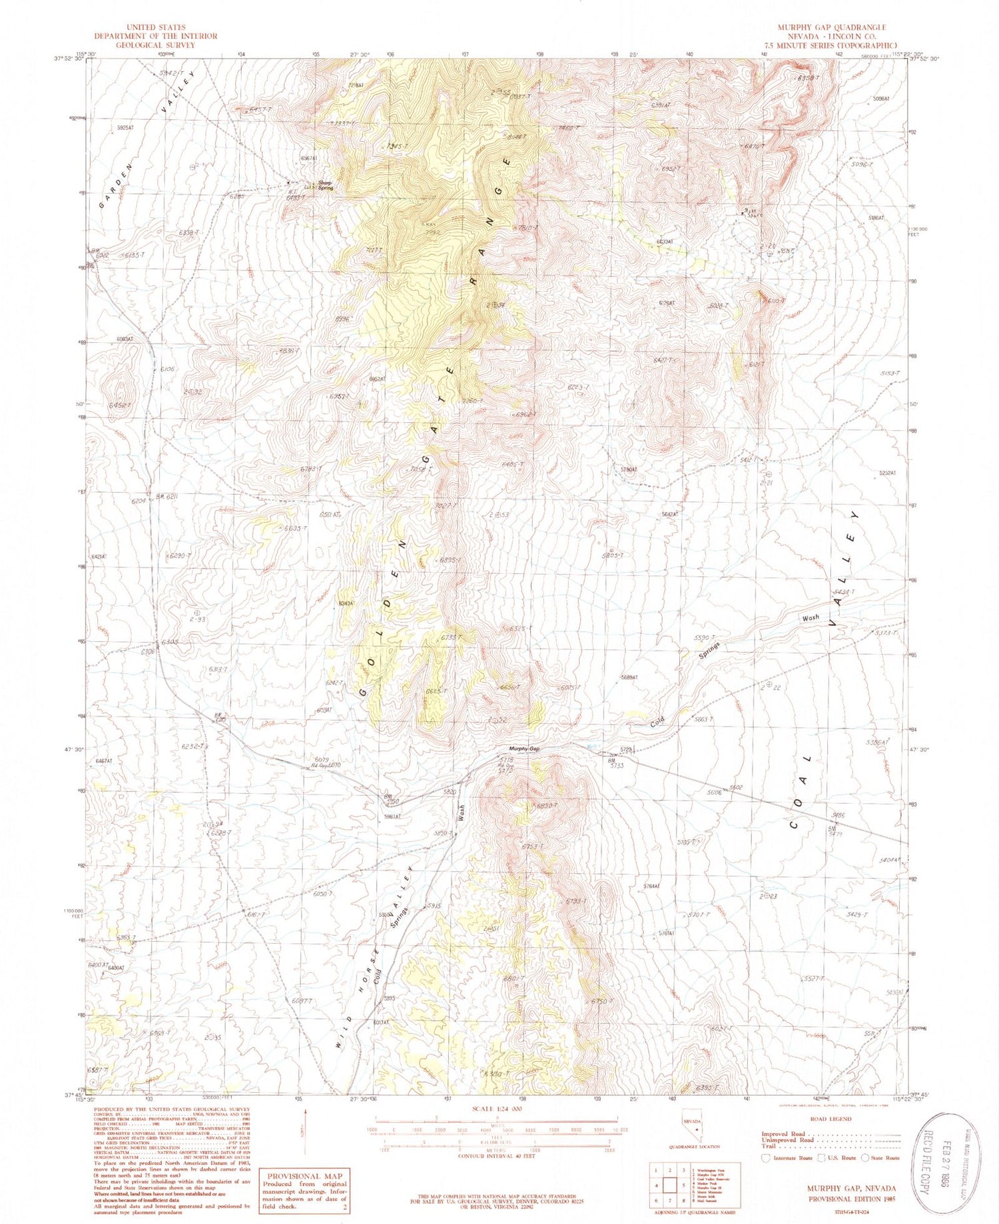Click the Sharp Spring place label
click(325, 186)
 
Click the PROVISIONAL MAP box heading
click(303, 1176)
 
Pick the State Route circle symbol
click(866, 1157)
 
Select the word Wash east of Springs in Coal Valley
click(811, 617)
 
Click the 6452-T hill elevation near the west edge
click(120, 405)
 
